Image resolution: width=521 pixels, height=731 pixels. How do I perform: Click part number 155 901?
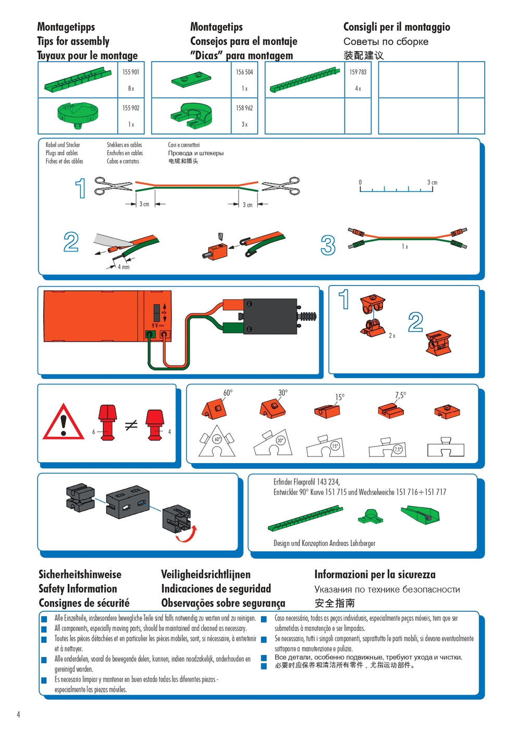(x=131, y=72)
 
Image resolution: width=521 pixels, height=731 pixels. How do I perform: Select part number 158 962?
(x=244, y=108)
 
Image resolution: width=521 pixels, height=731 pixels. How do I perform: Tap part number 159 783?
(x=358, y=72)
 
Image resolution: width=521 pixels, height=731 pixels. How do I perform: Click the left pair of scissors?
(x=113, y=186)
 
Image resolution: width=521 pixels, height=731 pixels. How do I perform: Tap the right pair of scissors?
(x=281, y=186)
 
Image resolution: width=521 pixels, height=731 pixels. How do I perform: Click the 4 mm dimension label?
(x=123, y=267)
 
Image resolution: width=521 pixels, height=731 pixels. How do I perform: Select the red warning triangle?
(x=64, y=423)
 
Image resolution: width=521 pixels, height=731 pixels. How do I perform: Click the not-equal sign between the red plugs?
(x=131, y=425)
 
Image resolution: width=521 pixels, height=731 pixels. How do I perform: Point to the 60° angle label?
(x=228, y=393)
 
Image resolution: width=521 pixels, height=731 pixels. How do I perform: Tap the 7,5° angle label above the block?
(x=400, y=395)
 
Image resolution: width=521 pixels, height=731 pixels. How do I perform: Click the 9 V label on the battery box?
(x=157, y=326)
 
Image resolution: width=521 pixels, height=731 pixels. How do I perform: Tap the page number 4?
(x=18, y=714)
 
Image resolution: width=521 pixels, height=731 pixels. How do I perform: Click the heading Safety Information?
(x=78, y=589)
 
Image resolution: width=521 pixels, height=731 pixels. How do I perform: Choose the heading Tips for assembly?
(x=73, y=41)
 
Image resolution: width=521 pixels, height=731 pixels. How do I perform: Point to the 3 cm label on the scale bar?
(x=432, y=182)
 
